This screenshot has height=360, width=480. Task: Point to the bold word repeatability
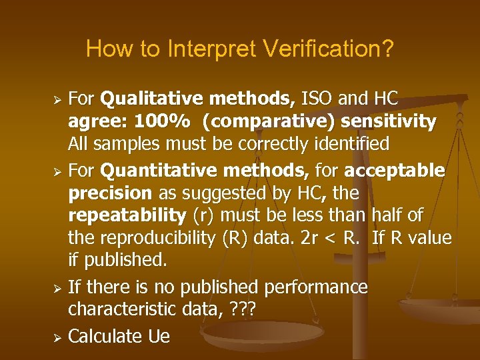[x=127, y=216]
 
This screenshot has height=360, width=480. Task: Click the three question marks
[x=244, y=310]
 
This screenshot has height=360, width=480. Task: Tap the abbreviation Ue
[x=159, y=336]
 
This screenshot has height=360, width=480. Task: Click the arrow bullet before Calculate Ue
[x=57, y=336]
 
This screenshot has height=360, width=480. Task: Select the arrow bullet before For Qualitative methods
[x=57, y=100]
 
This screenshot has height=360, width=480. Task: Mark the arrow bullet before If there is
[x=57, y=287]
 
